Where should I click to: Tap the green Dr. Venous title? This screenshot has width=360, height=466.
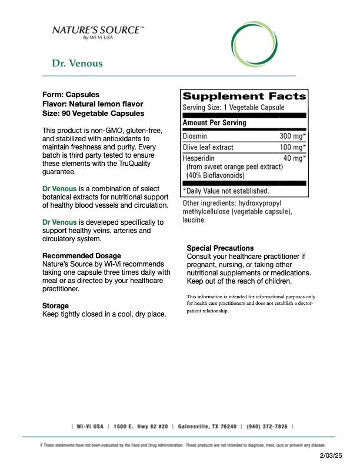pyautogui.click(x=77, y=64)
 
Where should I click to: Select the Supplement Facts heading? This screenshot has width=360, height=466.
pyautogui.click(x=244, y=96)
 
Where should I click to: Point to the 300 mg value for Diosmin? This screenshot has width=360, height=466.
pyautogui.click(x=292, y=136)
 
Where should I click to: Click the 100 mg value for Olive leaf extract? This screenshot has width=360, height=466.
pyautogui.click(x=292, y=147)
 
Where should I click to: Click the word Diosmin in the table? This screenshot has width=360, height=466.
pyautogui.click(x=195, y=136)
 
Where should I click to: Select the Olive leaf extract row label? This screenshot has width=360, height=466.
pyautogui.click(x=208, y=147)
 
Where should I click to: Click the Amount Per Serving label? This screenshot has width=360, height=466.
pyautogui.click(x=214, y=123)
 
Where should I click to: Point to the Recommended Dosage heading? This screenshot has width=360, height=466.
pyautogui.click(x=82, y=256)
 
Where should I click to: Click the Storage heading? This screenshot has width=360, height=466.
pyautogui.click(x=55, y=306)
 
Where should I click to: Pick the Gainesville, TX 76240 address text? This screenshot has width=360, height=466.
pyautogui.click(x=207, y=427)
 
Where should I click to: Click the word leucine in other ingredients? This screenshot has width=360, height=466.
pyautogui.click(x=194, y=220)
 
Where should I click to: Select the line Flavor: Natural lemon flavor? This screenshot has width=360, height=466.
pyautogui.click(x=88, y=104)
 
